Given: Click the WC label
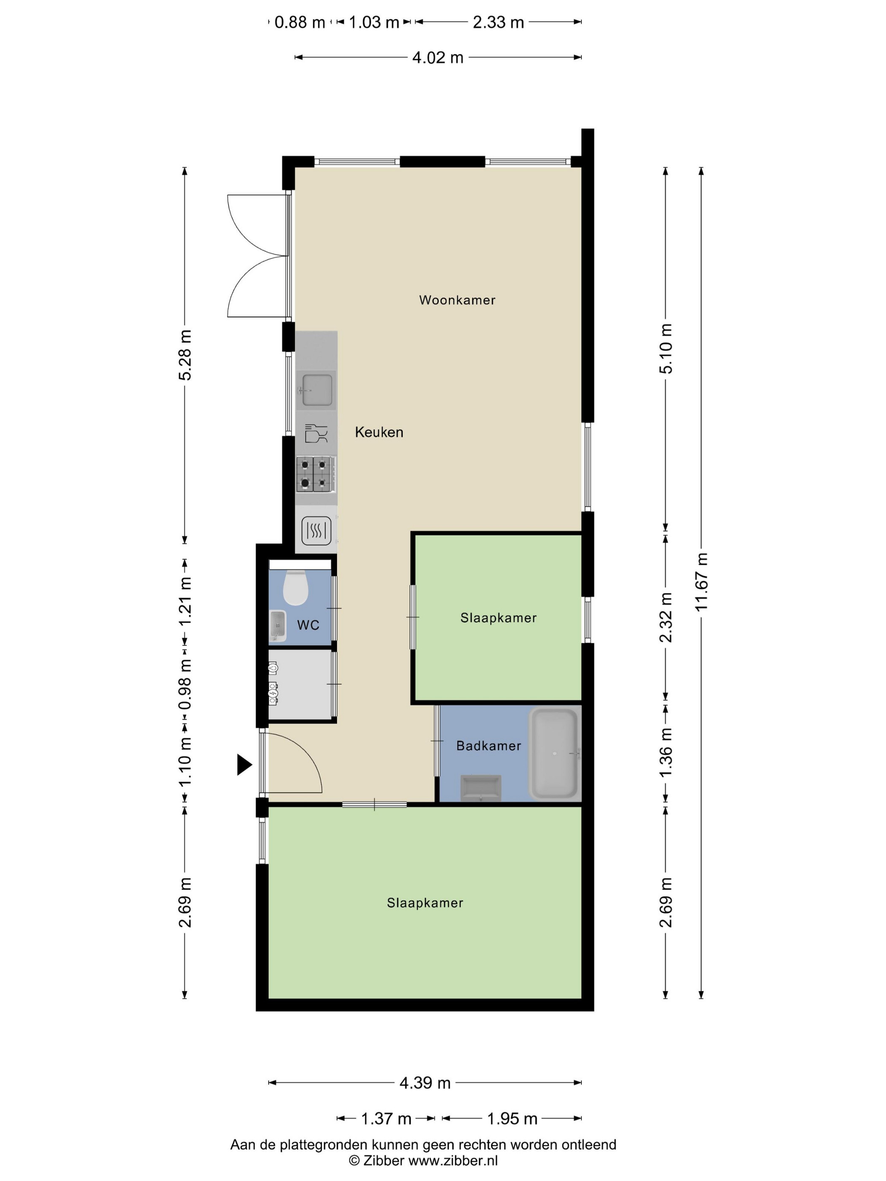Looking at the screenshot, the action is (x=308, y=625).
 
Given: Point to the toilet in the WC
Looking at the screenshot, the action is (x=295, y=587).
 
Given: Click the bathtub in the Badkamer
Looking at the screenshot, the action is (x=554, y=753).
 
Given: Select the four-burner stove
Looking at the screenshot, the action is (x=316, y=474).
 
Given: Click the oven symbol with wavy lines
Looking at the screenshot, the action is (x=316, y=531).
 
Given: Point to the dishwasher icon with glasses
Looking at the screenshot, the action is (x=316, y=433).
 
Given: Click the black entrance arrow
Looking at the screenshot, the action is (x=244, y=765).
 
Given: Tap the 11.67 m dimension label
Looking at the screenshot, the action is (x=701, y=582).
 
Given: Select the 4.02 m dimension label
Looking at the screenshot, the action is (x=438, y=58).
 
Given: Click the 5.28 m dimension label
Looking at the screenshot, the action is (x=185, y=355).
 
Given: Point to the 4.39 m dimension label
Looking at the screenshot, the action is (x=425, y=1083).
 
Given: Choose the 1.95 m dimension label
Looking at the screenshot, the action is (x=512, y=1119).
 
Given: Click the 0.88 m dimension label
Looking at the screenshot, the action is (x=300, y=22).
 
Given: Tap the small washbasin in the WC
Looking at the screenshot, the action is (x=277, y=626).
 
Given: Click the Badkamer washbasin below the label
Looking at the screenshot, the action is (x=481, y=788).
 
